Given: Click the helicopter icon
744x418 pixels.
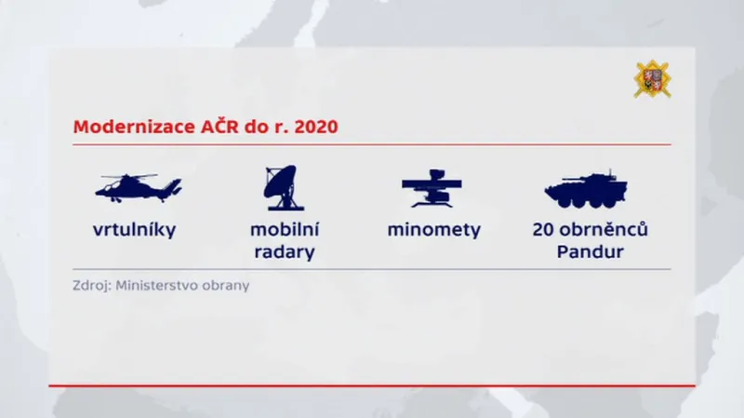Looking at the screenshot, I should [x=138, y=187].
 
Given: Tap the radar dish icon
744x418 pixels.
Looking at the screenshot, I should [x=282, y=186].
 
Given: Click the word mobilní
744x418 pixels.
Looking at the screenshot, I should [x=284, y=229].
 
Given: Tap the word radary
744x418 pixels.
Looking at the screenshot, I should [x=284, y=252].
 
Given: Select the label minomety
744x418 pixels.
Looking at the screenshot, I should [x=433, y=230].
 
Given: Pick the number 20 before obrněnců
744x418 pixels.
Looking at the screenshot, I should [x=544, y=230].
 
